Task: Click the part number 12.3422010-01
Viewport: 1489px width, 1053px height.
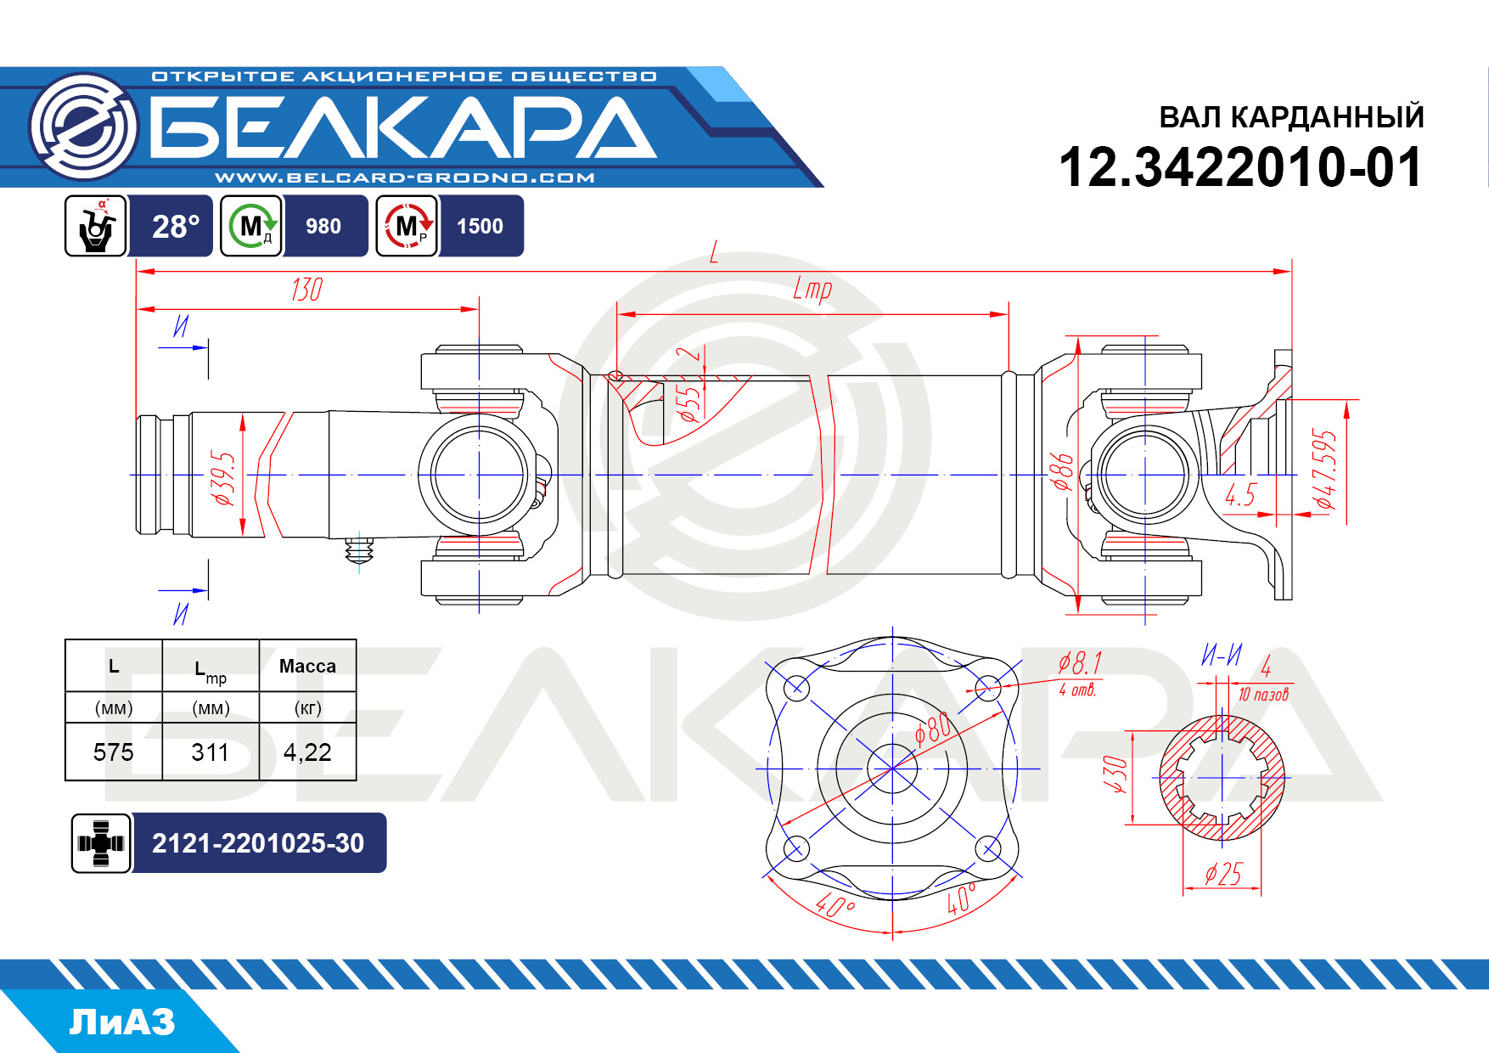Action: [x=1240, y=167]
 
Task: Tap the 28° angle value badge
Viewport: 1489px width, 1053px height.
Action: [x=176, y=227]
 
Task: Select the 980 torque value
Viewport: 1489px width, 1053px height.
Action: [x=323, y=227]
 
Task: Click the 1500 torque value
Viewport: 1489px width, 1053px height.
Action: [x=480, y=227]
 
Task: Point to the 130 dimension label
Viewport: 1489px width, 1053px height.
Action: [x=306, y=290]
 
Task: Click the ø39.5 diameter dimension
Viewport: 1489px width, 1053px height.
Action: [x=222, y=478]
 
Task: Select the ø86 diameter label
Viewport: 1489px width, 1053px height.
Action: [x=1063, y=472]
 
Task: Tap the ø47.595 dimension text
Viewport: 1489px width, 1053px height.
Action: [x=1324, y=470]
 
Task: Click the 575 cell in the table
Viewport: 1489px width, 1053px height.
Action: [x=114, y=752]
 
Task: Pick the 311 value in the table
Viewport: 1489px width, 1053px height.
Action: [x=210, y=752]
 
